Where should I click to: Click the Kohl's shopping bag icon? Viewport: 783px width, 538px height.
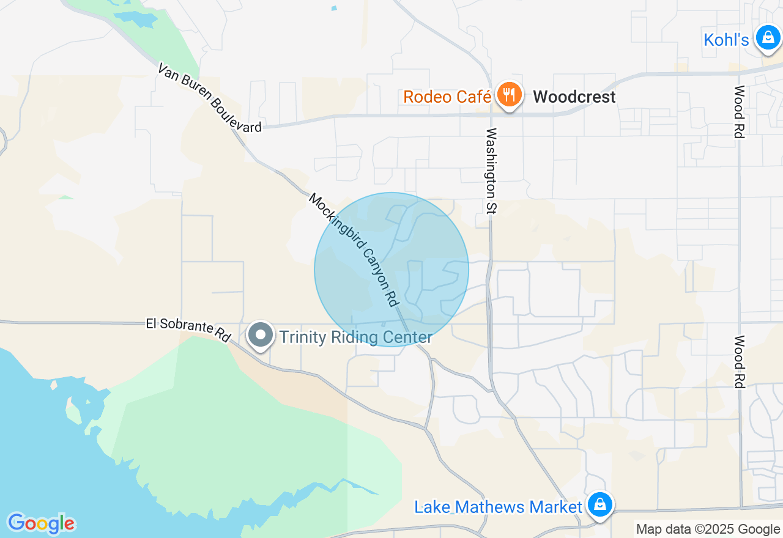point(767,37)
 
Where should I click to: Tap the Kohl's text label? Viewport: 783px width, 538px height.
point(726,40)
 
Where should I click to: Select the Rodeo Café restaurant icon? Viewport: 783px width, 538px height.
point(508,95)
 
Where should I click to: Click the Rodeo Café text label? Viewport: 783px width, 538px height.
point(447,97)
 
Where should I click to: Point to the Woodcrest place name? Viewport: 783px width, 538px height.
point(574,97)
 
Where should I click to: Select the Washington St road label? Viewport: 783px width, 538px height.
point(491,171)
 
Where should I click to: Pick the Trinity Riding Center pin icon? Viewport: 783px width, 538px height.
point(261,335)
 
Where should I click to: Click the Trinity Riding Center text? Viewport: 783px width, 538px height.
point(356,337)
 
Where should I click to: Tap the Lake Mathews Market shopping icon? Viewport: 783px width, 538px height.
point(600,505)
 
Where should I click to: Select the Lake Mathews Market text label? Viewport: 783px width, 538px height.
point(498,507)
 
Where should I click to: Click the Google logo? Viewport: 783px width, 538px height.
point(41,523)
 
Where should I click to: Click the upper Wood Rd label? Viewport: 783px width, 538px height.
point(739,112)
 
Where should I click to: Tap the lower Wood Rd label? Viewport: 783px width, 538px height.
point(739,361)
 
